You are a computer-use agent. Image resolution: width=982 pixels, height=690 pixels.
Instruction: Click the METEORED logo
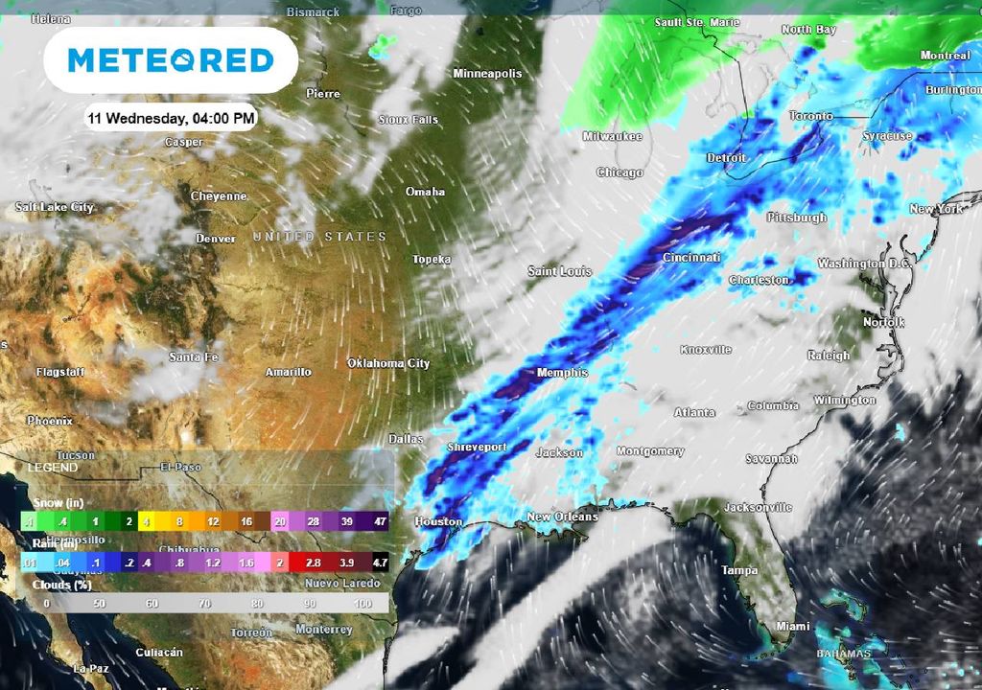click(171, 60)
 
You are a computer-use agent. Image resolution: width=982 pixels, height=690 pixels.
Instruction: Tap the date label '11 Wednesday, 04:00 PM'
click(171, 118)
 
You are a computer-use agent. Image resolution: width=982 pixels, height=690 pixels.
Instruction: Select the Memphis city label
click(562, 373)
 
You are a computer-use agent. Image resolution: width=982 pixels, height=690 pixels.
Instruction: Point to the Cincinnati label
click(691, 258)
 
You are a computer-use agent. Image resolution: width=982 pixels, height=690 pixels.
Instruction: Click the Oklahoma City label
click(388, 363)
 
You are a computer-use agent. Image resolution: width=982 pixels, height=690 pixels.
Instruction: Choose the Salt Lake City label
click(55, 207)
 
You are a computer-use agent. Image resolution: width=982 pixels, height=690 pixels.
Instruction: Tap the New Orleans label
click(562, 517)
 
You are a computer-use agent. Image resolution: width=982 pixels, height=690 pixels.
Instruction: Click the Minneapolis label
click(487, 74)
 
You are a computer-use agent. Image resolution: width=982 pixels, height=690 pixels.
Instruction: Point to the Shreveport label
click(477, 448)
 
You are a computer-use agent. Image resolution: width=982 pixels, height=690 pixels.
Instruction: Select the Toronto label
click(811, 116)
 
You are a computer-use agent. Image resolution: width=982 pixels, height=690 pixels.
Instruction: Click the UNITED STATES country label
click(319, 237)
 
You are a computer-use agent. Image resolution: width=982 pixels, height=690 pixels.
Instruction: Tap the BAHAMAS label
click(844, 655)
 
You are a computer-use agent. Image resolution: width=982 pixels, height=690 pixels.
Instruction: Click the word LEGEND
click(53, 467)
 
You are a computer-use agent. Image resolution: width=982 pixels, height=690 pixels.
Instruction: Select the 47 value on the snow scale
click(379, 521)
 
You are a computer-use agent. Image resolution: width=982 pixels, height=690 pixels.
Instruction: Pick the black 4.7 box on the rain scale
click(379, 563)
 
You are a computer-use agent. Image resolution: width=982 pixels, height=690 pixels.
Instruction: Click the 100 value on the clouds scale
click(362, 605)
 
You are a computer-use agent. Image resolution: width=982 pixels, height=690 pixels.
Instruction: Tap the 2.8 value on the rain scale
click(313, 563)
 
